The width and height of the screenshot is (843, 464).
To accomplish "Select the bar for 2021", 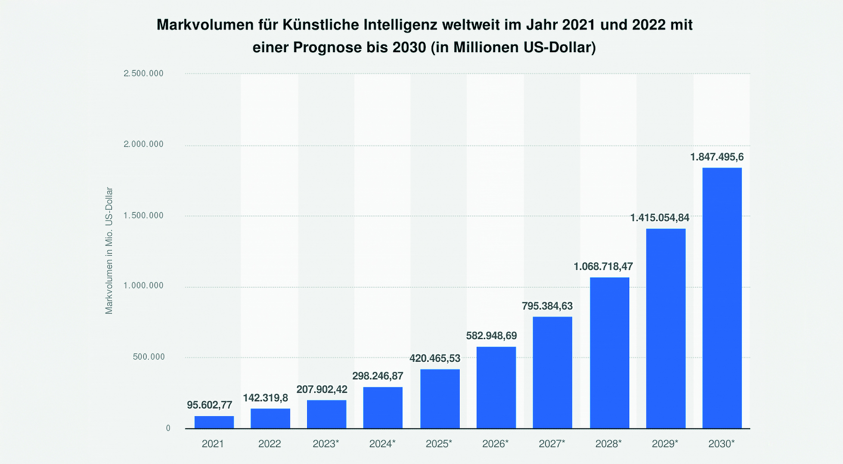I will pyautogui.click(x=214, y=422).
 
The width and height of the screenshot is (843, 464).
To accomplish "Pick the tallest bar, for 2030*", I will pyautogui.click(x=722, y=298).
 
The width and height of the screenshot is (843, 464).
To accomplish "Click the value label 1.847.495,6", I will pyautogui.click(x=717, y=157).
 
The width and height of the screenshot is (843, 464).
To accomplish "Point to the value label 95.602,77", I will pyautogui.click(x=209, y=405).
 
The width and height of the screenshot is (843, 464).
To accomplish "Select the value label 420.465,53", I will pyautogui.click(x=435, y=358).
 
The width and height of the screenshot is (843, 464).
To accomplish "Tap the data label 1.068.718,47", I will pyautogui.click(x=603, y=267).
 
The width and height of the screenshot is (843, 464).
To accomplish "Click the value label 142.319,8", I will pyautogui.click(x=266, y=398).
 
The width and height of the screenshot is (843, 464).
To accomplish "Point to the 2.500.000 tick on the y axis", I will pyautogui.click(x=143, y=73).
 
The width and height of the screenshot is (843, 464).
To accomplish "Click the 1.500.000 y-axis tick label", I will pyautogui.click(x=143, y=215).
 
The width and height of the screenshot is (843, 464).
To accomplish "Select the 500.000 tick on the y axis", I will pyautogui.click(x=148, y=357).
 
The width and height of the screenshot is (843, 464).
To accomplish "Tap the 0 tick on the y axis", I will pyautogui.click(x=168, y=428).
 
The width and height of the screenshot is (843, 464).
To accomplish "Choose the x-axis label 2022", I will pyautogui.click(x=270, y=444).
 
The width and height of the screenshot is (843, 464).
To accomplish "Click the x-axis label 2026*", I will pyautogui.click(x=495, y=444).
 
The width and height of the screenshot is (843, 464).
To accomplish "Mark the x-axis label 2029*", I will pyautogui.click(x=665, y=444).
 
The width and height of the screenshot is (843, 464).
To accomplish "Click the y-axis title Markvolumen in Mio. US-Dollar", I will pyautogui.click(x=109, y=251).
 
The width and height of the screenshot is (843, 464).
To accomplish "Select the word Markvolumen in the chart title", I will pyautogui.click(x=205, y=25).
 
